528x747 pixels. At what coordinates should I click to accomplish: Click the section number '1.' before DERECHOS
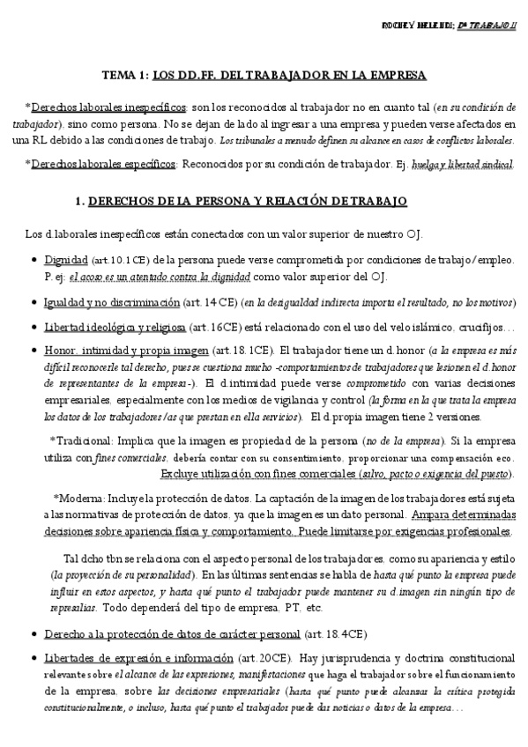tap(81, 202)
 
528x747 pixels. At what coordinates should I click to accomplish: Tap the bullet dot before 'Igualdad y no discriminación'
tap(33, 302)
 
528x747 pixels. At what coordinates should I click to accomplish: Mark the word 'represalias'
tap(73, 608)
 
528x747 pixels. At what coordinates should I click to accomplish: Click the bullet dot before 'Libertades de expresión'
tap(33, 658)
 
